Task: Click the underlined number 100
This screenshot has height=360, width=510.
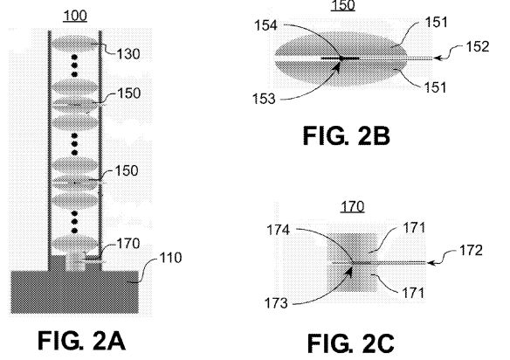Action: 75,16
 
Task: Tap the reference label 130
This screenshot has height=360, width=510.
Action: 128,54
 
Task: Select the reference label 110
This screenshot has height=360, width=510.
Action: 170,258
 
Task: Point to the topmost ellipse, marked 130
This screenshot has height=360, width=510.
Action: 75,44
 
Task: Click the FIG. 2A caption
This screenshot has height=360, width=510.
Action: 81,341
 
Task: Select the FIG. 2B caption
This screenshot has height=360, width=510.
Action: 347,135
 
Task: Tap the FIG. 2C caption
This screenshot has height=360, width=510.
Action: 351,343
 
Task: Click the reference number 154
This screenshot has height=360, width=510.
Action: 265,25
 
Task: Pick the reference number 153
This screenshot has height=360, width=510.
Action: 264,99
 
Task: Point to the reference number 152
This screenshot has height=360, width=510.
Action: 478,46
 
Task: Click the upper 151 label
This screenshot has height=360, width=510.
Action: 437,22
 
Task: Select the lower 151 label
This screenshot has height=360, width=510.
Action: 435,87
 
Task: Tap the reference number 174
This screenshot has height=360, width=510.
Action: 278,230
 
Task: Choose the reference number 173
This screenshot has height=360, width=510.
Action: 276,303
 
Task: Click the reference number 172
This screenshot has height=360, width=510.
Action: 471,251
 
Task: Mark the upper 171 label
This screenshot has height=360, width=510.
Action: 414,228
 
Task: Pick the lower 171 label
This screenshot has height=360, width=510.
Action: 413,293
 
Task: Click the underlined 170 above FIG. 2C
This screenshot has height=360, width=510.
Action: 353,206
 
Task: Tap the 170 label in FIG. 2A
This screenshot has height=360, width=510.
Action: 128,244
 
